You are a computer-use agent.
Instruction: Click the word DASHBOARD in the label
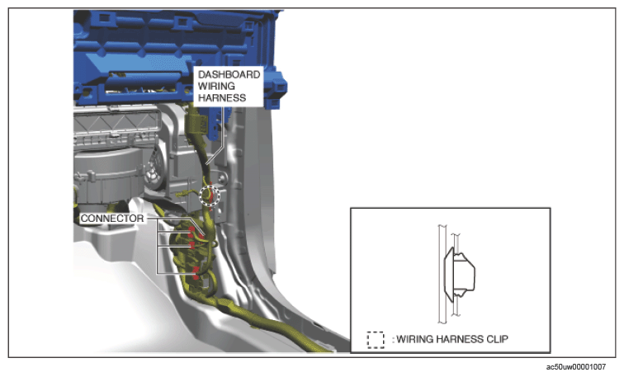tap(229, 75)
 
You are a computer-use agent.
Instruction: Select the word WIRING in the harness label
tap(216, 87)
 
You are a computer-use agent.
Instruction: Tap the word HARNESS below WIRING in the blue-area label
tap(222, 98)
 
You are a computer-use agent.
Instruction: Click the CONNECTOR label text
tap(112, 219)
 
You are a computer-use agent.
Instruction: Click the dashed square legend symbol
tap(376, 340)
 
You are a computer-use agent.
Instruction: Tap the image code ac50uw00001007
tap(576, 367)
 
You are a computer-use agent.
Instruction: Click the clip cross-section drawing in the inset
tap(457, 275)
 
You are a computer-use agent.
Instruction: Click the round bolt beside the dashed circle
tap(220, 177)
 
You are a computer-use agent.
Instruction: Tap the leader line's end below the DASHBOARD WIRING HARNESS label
tap(206, 164)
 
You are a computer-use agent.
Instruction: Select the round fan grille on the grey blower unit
tap(154, 169)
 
